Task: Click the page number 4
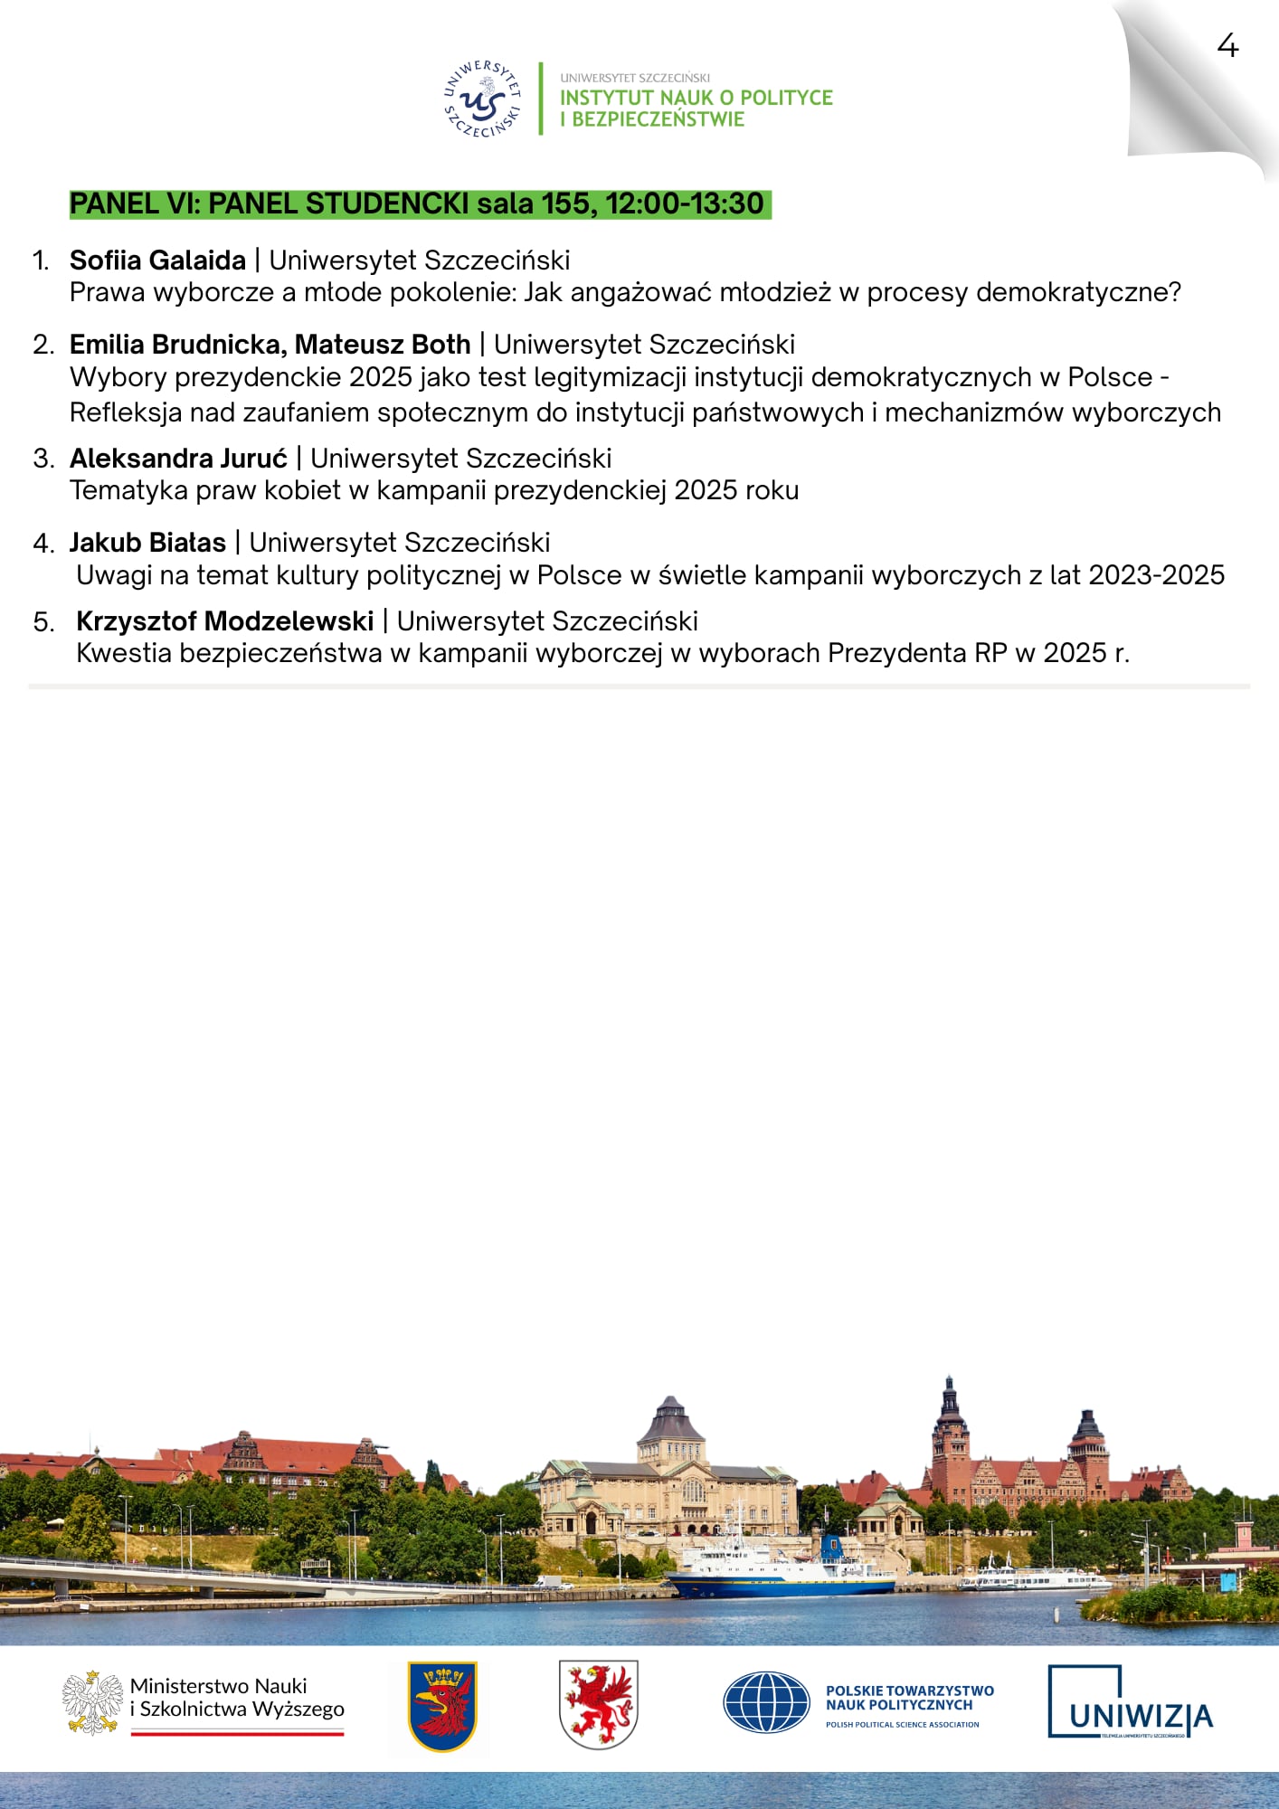click(1227, 46)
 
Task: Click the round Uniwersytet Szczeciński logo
click(483, 99)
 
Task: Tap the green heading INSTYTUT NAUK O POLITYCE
click(696, 98)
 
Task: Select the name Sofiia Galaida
click(157, 260)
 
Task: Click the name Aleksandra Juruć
click(178, 459)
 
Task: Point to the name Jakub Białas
click(147, 543)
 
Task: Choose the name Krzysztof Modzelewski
click(224, 621)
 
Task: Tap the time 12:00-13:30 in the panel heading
click(685, 204)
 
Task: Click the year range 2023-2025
click(1156, 575)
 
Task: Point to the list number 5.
click(43, 622)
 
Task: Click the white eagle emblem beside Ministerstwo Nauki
click(92, 1703)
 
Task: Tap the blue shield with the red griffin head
click(442, 1706)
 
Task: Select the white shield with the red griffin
click(598, 1704)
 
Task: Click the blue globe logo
click(766, 1702)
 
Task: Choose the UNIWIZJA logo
click(1130, 1702)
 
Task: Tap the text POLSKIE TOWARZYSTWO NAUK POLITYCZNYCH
click(909, 1698)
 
